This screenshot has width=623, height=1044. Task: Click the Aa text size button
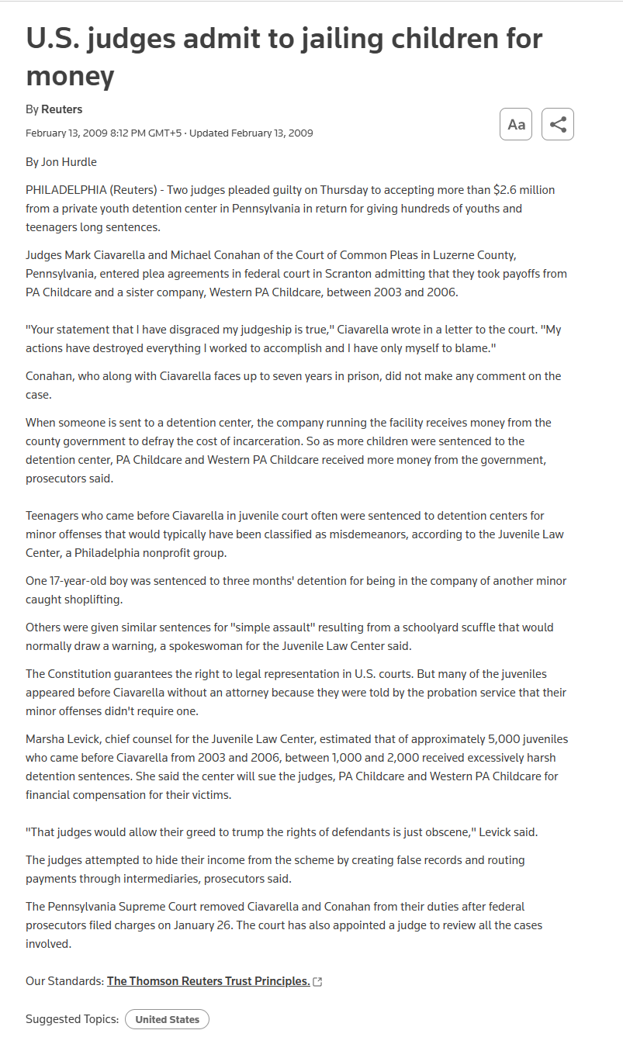pyautogui.click(x=516, y=124)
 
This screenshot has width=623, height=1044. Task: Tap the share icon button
pyautogui.click(x=557, y=124)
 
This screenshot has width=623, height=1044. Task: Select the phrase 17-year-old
pyautogui.click(x=81, y=581)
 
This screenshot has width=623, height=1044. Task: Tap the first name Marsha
pyautogui.click(x=45, y=739)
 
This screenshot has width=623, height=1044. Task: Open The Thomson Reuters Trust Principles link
pyautogui.click(x=208, y=981)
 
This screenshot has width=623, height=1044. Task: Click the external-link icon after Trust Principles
pyautogui.click(x=317, y=982)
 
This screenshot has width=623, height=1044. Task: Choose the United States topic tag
pyautogui.click(x=167, y=1019)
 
